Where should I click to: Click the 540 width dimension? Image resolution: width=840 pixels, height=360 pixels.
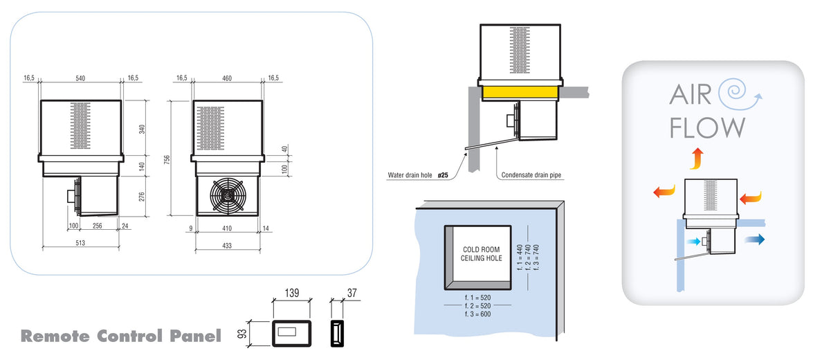pos(80,78)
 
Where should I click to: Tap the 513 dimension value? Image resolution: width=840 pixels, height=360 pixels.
pos(80,242)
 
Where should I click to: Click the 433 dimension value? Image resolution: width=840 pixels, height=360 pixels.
pos(227,245)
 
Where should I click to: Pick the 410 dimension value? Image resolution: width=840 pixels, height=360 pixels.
pos(227,226)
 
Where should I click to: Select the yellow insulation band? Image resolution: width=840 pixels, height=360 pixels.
pos(520,92)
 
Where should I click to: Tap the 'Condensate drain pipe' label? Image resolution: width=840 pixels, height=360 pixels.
pos(530,176)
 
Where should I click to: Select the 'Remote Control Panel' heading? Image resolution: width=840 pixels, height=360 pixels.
pos(120,336)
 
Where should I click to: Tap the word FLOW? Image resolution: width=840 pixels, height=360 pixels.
pos(707,127)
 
